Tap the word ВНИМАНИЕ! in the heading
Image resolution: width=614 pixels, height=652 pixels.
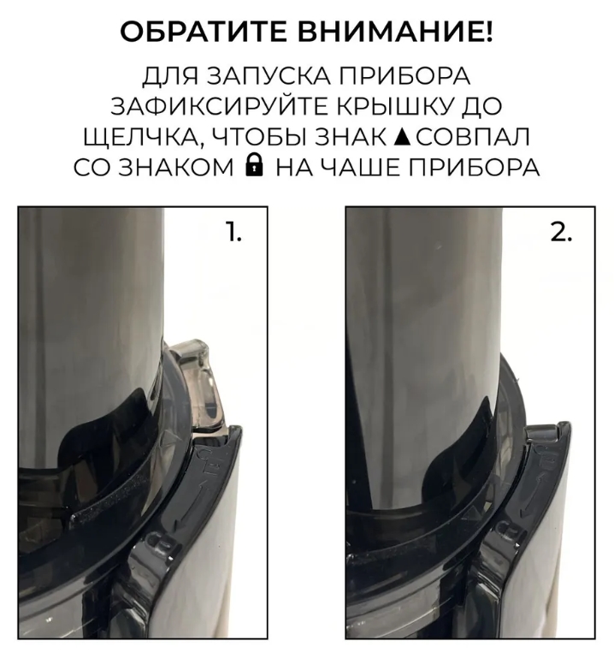397,32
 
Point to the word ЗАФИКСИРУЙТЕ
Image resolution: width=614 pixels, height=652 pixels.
220,106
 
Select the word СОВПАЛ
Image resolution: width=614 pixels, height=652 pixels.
473,138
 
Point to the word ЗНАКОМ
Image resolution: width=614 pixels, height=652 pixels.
176,168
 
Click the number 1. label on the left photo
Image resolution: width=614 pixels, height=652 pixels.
233,232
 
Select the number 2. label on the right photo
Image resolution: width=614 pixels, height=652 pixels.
562,232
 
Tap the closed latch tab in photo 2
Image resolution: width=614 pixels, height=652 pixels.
541,433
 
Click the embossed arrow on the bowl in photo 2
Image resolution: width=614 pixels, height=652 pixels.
534,495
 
